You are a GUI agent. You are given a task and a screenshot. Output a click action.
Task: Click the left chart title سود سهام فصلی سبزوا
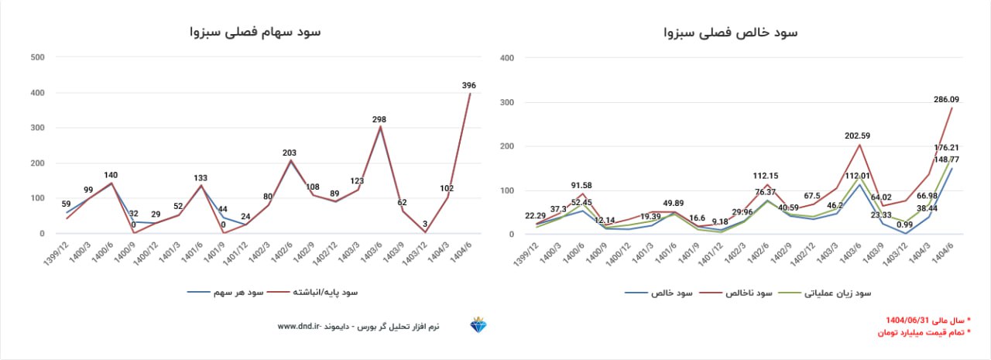pyautogui.click(x=255, y=32)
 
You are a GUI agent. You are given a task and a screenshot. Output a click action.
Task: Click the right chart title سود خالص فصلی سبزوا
pyautogui.click(x=730, y=33)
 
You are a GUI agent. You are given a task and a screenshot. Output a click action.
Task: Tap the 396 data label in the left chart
pyautogui.click(x=468, y=85)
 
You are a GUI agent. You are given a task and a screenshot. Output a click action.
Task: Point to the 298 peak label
pyautogui.click(x=379, y=119)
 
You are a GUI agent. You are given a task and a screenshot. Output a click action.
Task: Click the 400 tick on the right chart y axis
pyautogui.click(x=508, y=57)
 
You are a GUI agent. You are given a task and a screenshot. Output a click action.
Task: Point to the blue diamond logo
pyautogui.click(x=478, y=326)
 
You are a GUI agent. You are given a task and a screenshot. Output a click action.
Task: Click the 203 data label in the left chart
pyautogui.click(x=289, y=153)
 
